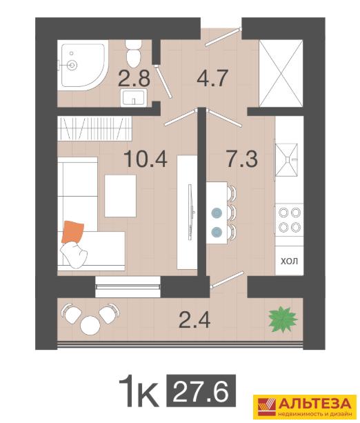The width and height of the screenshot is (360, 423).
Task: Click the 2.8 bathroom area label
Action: pyautogui.click(x=134, y=79)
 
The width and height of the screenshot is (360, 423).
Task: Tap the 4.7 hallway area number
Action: pyautogui.click(x=213, y=78)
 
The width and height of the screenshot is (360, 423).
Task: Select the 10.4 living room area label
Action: pyautogui.click(x=146, y=159)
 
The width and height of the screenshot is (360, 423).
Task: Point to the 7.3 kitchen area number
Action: pyautogui.click(x=242, y=159)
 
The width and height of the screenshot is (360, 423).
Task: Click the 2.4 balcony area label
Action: pyautogui.click(x=194, y=319)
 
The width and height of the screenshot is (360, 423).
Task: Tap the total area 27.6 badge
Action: pyautogui.click(x=201, y=391)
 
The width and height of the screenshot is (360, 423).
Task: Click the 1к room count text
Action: pyautogui.click(x=139, y=391)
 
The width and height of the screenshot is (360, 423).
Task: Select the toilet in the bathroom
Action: pyautogui.click(x=134, y=54)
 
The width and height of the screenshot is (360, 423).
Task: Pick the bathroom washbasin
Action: pyautogui.click(x=134, y=98)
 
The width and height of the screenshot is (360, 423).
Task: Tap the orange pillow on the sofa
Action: pyautogui.click(x=72, y=232)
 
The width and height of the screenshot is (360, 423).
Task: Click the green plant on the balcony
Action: pyautogui.click(x=283, y=319)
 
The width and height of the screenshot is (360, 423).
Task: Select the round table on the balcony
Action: pyautogui.click(x=90, y=325)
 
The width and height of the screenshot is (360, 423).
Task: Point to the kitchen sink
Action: pyautogui.click(x=287, y=159)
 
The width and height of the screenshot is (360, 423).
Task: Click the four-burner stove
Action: pyautogui.click(x=290, y=219)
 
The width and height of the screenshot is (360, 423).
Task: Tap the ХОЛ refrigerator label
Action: pyautogui.click(x=290, y=261)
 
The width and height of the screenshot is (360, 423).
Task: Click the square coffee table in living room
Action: pyautogui.click(x=120, y=196)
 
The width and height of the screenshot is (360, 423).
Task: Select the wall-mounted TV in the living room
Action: pyautogui.click(x=190, y=212)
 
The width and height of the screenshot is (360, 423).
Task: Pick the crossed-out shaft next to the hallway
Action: pyautogui.click(x=281, y=73)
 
